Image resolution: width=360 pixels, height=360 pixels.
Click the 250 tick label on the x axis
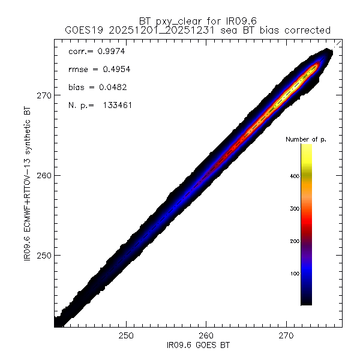(x=126, y=334)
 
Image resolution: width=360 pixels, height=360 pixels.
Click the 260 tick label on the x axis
(x=206, y=334)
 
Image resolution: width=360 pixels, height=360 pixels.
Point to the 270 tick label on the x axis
(x=286, y=334)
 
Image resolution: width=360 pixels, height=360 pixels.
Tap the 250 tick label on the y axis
(x=46, y=255)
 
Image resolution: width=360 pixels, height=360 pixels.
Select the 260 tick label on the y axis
(x=46, y=175)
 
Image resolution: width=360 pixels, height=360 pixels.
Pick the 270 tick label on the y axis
(x=46, y=95)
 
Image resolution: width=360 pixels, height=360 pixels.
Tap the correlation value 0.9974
(x=109, y=52)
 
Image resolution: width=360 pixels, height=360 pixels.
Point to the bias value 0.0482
(x=111, y=88)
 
